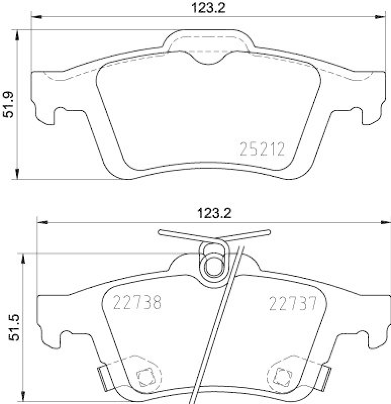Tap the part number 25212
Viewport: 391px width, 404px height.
[x=262, y=149]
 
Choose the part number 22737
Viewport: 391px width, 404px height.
[x=292, y=303]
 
